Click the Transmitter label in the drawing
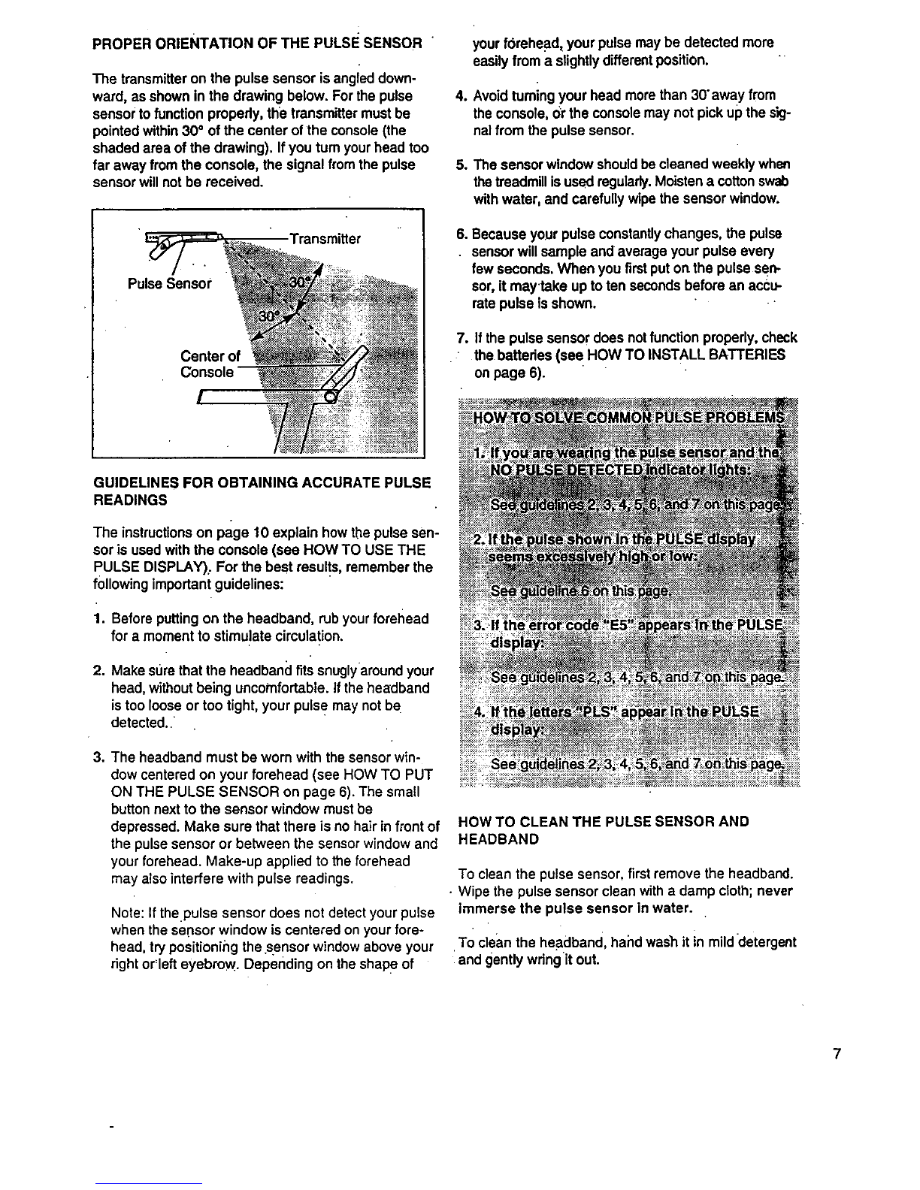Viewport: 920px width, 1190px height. tap(325, 239)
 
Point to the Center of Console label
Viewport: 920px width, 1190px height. tap(209, 364)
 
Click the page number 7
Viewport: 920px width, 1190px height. tap(836, 1054)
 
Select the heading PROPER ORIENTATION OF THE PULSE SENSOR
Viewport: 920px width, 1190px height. tap(256, 44)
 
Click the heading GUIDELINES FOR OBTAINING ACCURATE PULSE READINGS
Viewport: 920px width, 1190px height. tap(261, 491)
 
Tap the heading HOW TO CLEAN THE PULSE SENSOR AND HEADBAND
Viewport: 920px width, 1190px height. tap(604, 830)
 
